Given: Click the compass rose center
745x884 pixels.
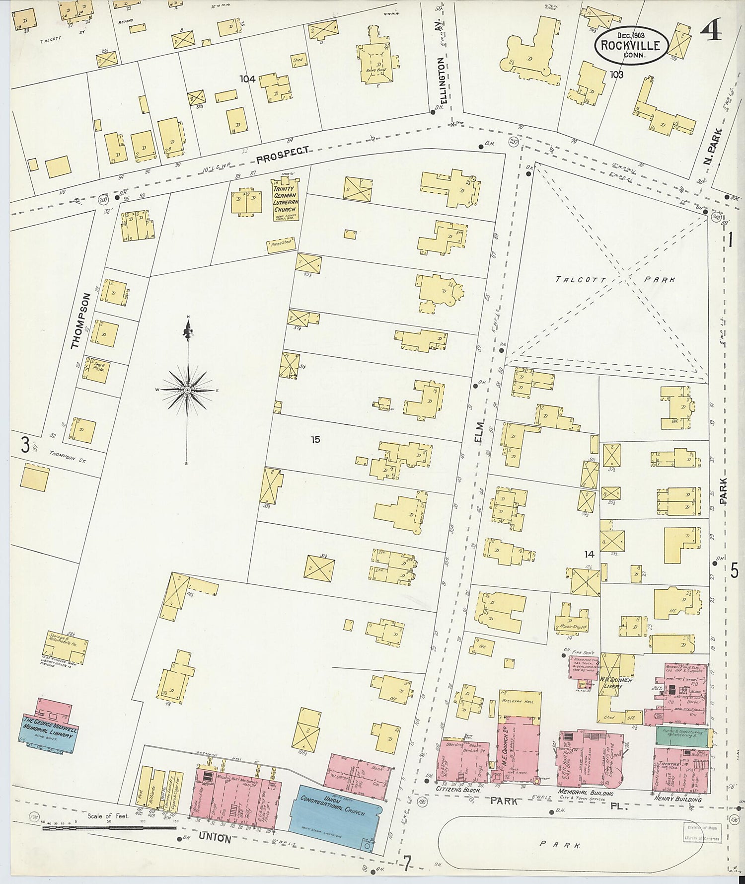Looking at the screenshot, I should [188, 391].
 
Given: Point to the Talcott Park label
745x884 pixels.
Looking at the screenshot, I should [615, 280].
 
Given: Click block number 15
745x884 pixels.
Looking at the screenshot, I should [315, 439].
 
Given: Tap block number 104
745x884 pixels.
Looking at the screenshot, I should [247, 79].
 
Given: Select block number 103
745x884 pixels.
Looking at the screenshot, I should [616, 75].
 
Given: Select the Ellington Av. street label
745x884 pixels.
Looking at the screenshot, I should [444, 80].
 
